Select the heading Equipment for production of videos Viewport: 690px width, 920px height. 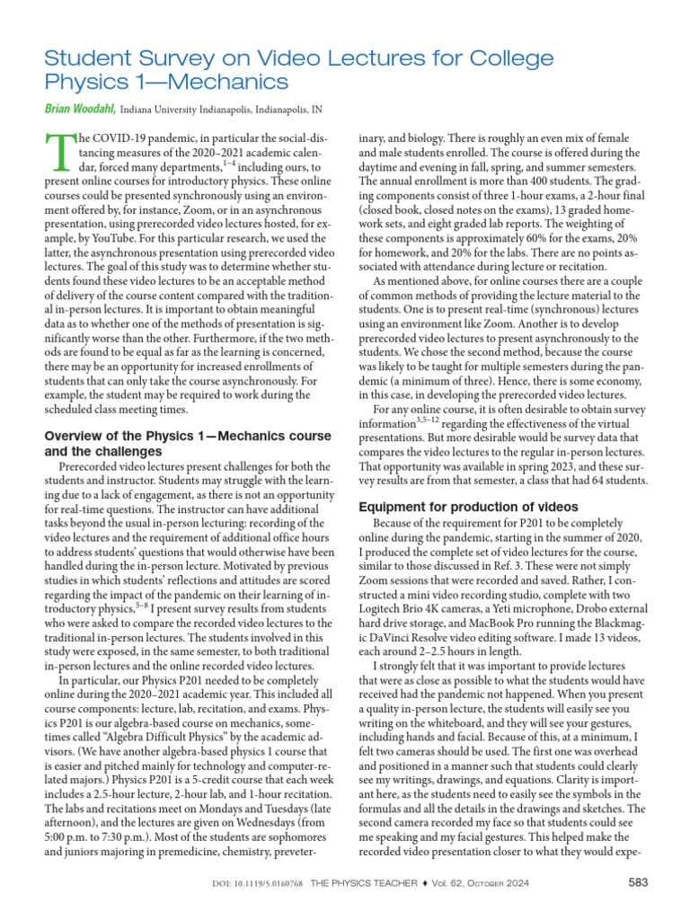point(462,506)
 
